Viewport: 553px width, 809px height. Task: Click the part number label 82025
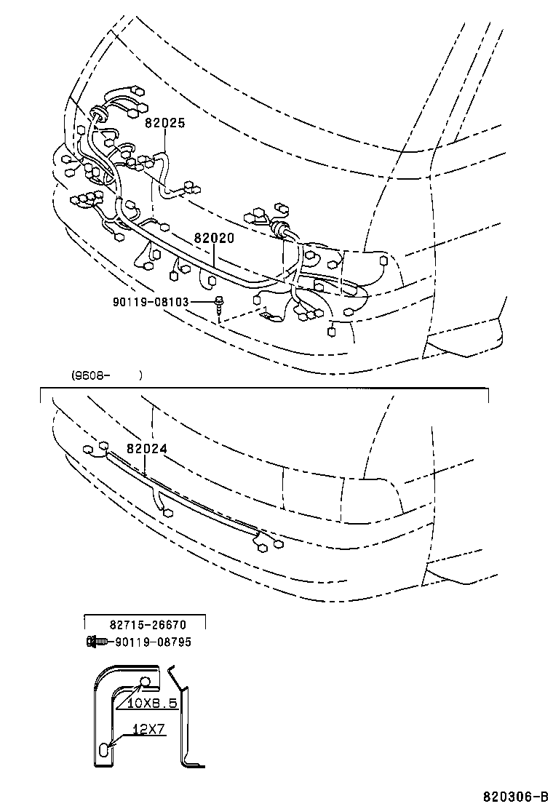click(x=164, y=124)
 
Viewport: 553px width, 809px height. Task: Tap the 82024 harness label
click(x=147, y=450)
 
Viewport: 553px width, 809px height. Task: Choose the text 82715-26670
click(x=148, y=624)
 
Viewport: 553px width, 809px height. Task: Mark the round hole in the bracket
click(x=146, y=682)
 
